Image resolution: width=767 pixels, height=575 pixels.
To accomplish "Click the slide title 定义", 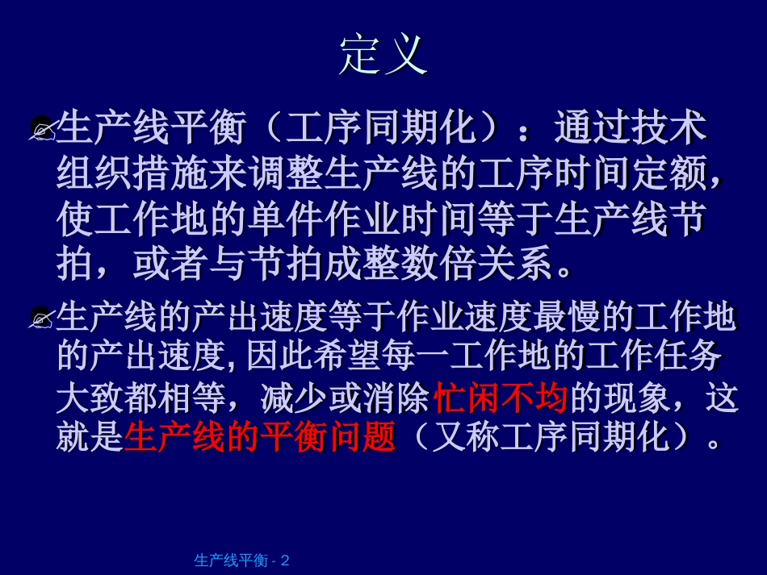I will pos(383,55).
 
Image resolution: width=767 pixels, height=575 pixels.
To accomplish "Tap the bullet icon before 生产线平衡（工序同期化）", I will pos(42,128).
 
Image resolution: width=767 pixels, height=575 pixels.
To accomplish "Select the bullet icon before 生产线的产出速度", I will pos(42,318).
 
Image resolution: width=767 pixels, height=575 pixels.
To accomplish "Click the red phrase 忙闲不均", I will pos(501,398).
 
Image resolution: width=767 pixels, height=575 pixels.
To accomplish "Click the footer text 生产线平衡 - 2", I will pos(241,560).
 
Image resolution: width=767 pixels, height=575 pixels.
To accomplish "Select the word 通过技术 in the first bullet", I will pos(630,128).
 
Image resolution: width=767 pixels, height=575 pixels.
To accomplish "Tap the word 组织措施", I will pos(132,173).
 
